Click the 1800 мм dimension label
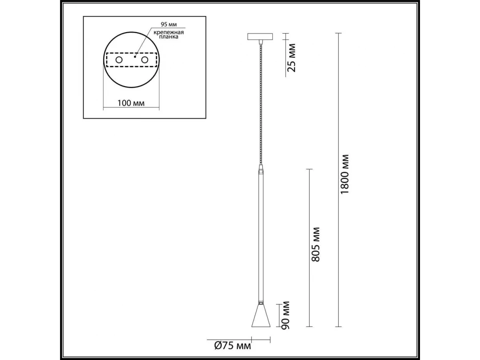pos(345,174)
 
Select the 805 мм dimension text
pos(316,244)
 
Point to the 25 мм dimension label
pos(292,58)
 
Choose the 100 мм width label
pos(131,103)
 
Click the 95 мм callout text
pos(169,24)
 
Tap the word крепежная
pos(169,33)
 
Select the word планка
pos(169,37)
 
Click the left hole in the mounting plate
pos(119,60)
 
